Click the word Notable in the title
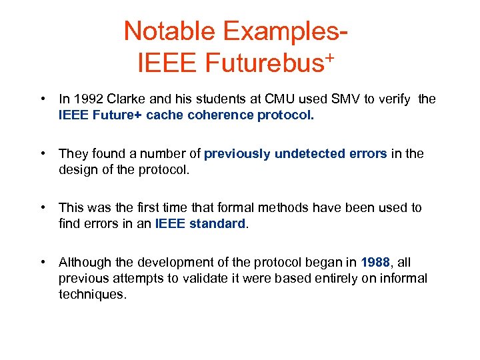click(170, 31)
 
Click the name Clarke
click(127, 99)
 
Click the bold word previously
click(237, 153)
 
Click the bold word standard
click(217, 223)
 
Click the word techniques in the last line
click(92, 293)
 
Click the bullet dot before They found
click(43, 153)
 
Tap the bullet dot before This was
click(43, 207)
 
